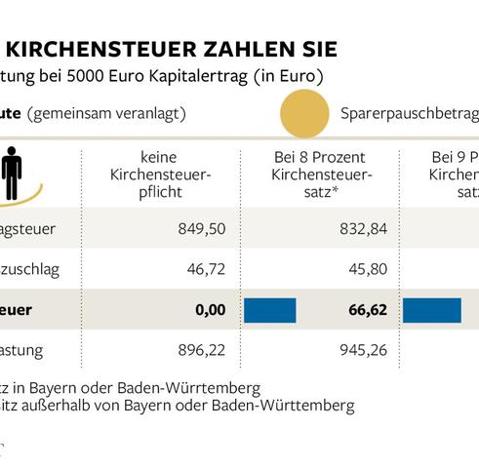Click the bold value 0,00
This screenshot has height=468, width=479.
click(210, 309)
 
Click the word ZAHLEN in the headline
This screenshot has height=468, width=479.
click(256, 48)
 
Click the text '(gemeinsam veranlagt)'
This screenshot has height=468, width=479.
click(106, 114)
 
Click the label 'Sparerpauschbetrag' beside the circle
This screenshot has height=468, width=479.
click(410, 114)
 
